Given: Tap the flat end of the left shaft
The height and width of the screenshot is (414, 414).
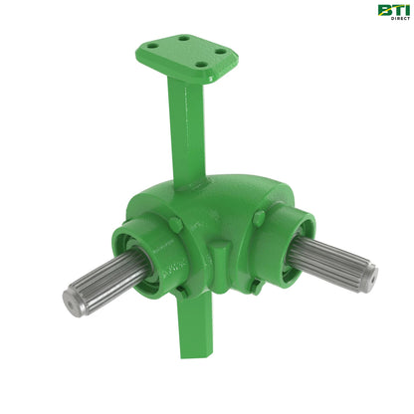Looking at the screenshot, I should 76,300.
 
